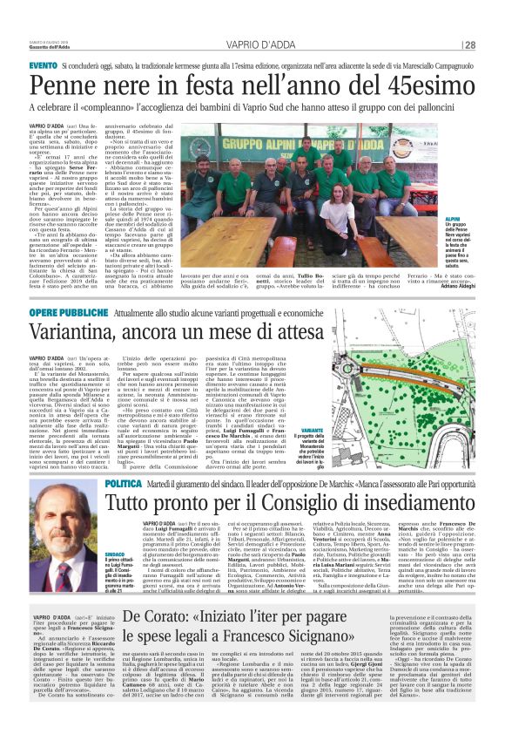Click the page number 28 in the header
[469, 45]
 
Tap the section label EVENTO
[44, 67]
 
